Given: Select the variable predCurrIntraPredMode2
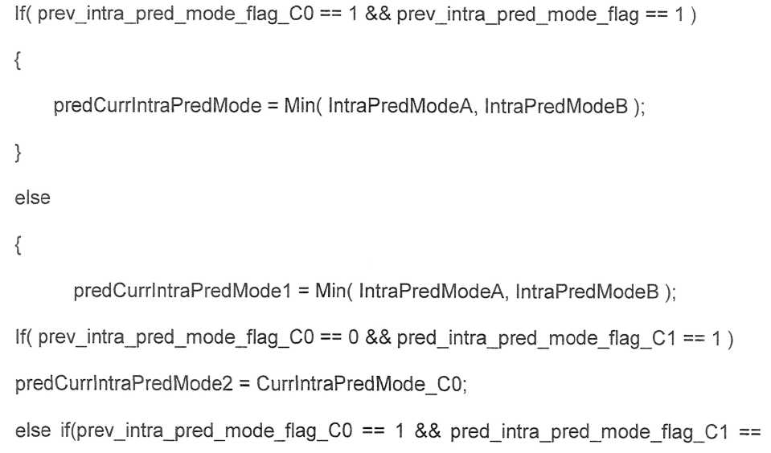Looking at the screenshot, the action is [124, 384].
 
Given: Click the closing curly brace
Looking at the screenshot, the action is [18, 153].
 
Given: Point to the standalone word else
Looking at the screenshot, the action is [32, 198].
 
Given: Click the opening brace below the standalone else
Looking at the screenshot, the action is [18, 245].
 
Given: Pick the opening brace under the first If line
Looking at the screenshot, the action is [18, 60].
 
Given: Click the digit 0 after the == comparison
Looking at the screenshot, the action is [353, 337].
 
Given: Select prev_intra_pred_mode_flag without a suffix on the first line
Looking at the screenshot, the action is [516, 14].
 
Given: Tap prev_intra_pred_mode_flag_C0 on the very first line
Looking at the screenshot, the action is [175, 14].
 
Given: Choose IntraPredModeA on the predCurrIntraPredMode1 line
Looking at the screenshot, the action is [431, 291].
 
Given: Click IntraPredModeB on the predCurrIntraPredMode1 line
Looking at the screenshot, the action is [587, 291].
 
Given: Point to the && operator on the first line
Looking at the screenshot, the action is [378, 14].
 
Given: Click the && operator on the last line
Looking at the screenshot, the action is [427, 431].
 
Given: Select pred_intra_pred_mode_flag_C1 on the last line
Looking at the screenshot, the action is [589, 431].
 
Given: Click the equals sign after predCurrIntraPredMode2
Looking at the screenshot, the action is [244, 384].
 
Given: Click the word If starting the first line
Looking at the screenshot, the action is [21, 14].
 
